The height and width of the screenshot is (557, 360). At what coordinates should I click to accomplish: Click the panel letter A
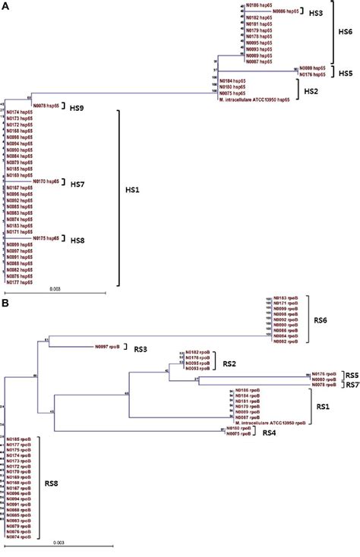(x=5, y=5)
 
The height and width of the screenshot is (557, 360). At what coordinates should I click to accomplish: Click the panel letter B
(x=5, y=302)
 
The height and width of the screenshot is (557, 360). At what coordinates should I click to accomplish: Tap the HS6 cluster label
(x=345, y=31)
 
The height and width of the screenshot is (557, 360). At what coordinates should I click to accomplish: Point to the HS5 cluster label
(x=346, y=74)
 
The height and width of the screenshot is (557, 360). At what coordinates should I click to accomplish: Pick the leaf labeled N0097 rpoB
(x=108, y=347)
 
